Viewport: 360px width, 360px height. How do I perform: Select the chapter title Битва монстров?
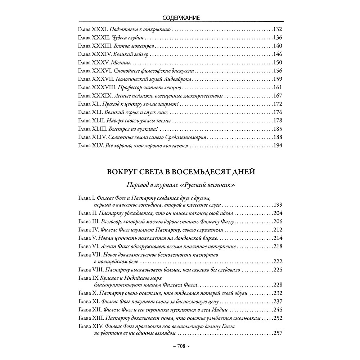click(x=129, y=46)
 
